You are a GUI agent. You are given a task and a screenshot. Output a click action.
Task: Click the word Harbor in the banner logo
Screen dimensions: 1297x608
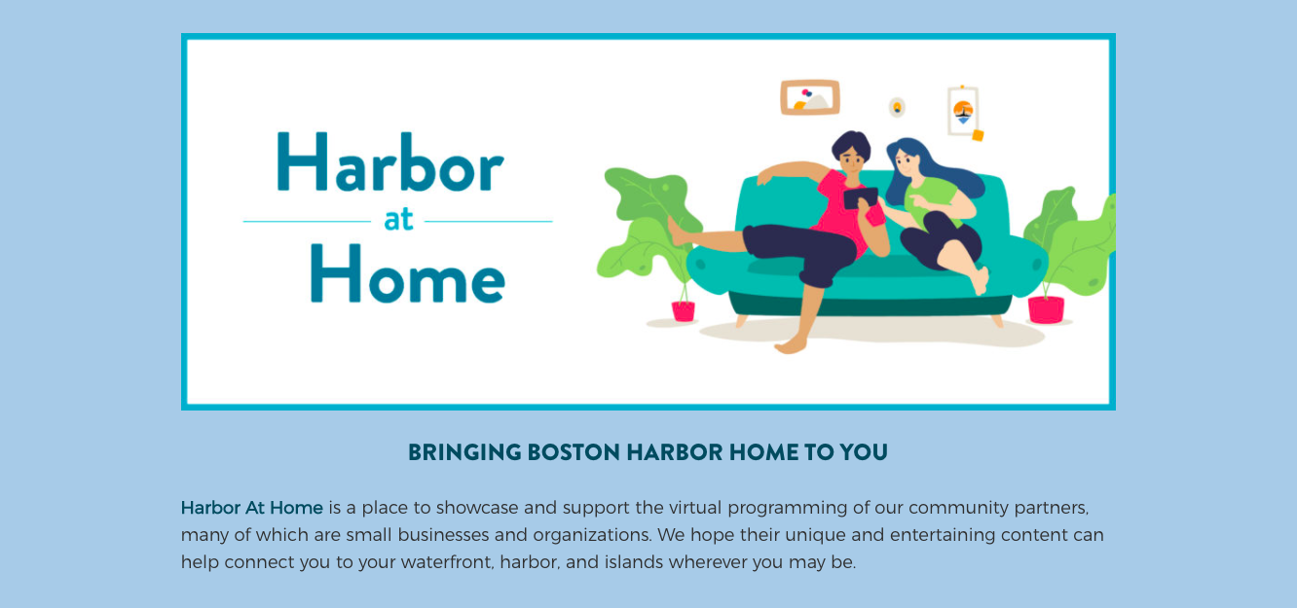(x=390, y=162)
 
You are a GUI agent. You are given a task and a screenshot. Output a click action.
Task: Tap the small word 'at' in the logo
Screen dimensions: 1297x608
(x=398, y=220)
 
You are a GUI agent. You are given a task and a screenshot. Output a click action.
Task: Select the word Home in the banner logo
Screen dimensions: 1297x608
(x=408, y=273)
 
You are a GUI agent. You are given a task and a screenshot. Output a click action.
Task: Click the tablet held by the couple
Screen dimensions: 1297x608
(x=861, y=197)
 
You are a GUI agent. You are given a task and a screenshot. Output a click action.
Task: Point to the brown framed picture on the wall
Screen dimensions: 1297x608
(x=810, y=97)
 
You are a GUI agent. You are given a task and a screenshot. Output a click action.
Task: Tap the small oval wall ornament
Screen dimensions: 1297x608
(x=897, y=107)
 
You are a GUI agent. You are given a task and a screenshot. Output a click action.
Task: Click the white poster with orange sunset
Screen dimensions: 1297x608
(x=963, y=111)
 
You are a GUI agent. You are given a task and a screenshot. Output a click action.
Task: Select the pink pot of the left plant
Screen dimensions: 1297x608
(x=684, y=311)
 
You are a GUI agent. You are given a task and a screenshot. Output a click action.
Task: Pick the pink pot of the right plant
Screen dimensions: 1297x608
(x=1046, y=310)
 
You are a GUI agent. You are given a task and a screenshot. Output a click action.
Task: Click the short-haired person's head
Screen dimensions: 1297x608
(x=851, y=152)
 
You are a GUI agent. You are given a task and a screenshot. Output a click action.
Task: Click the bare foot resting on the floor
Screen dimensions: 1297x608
(x=791, y=345)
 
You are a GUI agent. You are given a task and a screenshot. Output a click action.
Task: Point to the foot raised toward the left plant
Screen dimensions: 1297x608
(x=677, y=232)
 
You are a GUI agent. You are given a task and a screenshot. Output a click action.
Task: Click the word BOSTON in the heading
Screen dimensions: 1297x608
(x=574, y=452)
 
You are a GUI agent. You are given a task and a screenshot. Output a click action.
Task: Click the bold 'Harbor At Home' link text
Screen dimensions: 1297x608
(x=252, y=508)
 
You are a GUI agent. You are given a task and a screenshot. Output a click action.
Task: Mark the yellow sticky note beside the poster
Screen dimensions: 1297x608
(x=978, y=135)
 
